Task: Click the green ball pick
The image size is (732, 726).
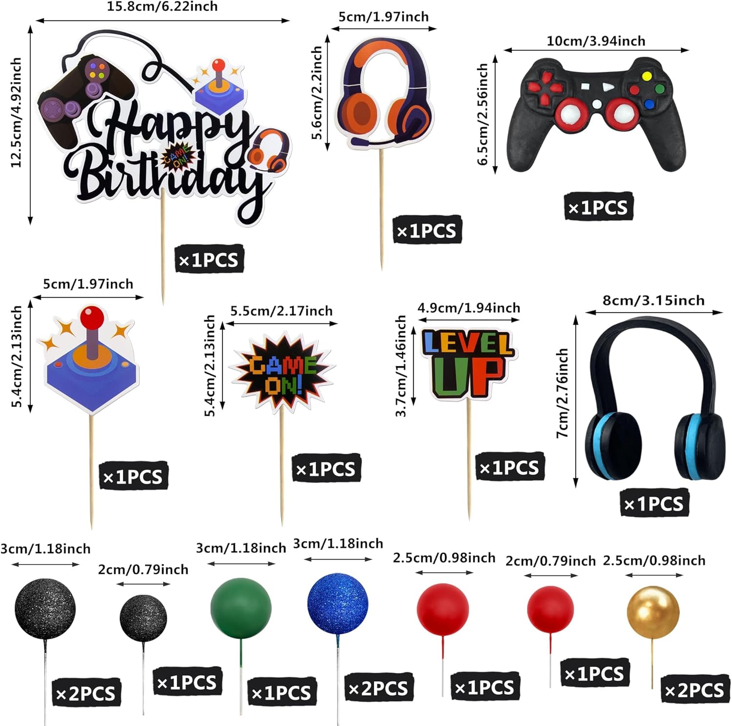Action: pyautogui.click(x=241, y=608)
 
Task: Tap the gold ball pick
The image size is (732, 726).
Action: pyautogui.click(x=652, y=612)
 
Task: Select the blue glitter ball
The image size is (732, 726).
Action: pyautogui.click(x=338, y=604)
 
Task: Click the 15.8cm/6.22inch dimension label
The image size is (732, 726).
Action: pyautogui.click(x=162, y=7)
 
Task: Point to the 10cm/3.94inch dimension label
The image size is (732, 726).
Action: pyautogui.click(x=596, y=41)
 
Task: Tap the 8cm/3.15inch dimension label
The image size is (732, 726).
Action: pyautogui.click(x=653, y=300)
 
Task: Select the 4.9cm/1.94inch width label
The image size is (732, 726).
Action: pyautogui.click(x=468, y=308)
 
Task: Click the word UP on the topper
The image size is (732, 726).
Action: pyautogui.click(x=467, y=376)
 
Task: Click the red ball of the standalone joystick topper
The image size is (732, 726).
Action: pyautogui.click(x=92, y=318)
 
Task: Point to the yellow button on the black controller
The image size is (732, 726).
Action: pyautogui.click(x=647, y=76)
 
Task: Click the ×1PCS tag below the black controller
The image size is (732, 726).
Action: pyautogui.click(x=598, y=207)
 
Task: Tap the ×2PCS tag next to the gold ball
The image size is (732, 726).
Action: pyautogui.click(x=695, y=690)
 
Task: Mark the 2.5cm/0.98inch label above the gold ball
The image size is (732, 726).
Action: pyautogui.click(x=654, y=561)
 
